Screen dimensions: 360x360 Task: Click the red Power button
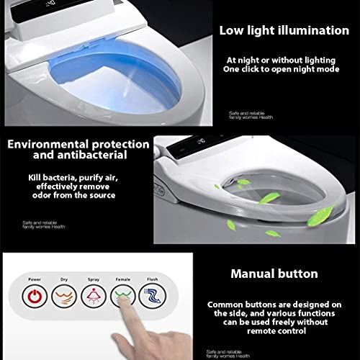click(34, 297)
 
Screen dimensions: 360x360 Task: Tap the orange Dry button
click(65, 297)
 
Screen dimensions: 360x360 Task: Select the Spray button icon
click(94, 297)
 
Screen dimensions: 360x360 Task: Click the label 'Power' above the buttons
click(34, 279)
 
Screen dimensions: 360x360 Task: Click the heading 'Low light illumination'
click(285, 30)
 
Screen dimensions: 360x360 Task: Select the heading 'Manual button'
click(274, 274)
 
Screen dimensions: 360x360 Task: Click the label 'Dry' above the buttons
click(64, 279)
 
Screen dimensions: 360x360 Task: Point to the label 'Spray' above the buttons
click(94, 279)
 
